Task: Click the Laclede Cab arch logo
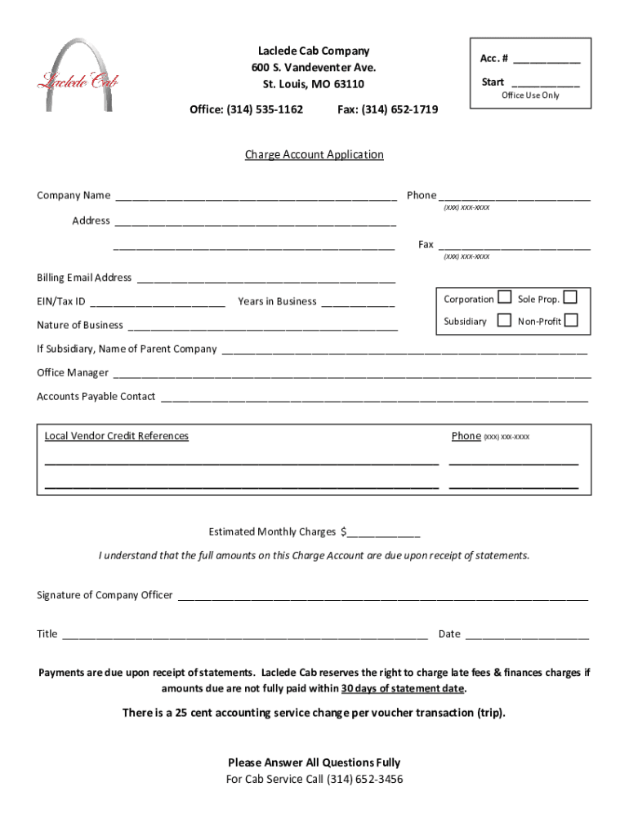click(x=78, y=75)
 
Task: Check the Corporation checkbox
click(x=505, y=297)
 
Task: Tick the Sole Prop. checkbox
click(x=570, y=297)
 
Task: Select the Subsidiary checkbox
click(x=505, y=320)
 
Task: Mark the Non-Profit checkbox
click(x=571, y=320)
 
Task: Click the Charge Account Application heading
click(x=314, y=154)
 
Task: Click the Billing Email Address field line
click(x=266, y=279)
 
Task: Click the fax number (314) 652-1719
click(x=388, y=109)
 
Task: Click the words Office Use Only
click(x=530, y=96)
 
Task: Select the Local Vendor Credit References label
click(x=116, y=436)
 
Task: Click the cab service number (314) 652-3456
click(x=364, y=779)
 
